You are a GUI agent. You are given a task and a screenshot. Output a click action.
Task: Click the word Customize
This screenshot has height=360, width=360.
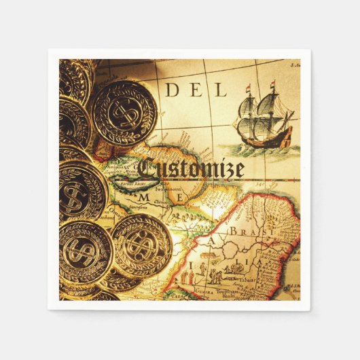pyautogui.click(x=190, y=168)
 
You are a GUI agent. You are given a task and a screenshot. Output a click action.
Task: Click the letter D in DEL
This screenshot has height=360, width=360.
pyautogui.click(x=171, y=90)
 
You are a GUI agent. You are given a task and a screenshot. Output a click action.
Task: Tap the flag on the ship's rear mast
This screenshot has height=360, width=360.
pyautogui.click(x=274, y=86)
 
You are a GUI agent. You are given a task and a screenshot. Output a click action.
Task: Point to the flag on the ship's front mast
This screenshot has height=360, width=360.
pyautogui.click(x=249, y=89)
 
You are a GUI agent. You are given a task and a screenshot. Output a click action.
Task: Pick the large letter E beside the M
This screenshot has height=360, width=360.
pyautogui.click(x=181, y=197)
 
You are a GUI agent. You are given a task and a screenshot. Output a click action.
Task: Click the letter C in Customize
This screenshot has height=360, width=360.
pyautogui.click(x=149, y=167)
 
